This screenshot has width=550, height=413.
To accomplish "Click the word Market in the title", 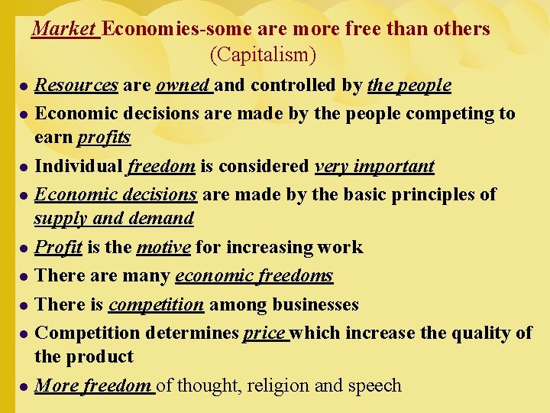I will pos(65,29).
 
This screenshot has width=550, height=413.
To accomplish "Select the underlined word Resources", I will pos(76,85).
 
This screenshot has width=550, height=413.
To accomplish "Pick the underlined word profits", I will pos(104,138).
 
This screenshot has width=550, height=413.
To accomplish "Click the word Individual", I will pos(79,166).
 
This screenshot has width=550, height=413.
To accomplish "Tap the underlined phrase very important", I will pos(374,166).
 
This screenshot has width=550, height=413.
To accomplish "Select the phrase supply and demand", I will pos(114,219).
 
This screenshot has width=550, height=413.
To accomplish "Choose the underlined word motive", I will pos(163,247).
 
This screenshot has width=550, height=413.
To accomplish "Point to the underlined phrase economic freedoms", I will pos(254,275).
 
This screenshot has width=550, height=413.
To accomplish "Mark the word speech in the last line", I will pos(374,385).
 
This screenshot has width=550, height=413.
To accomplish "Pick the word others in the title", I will pos(460,29).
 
